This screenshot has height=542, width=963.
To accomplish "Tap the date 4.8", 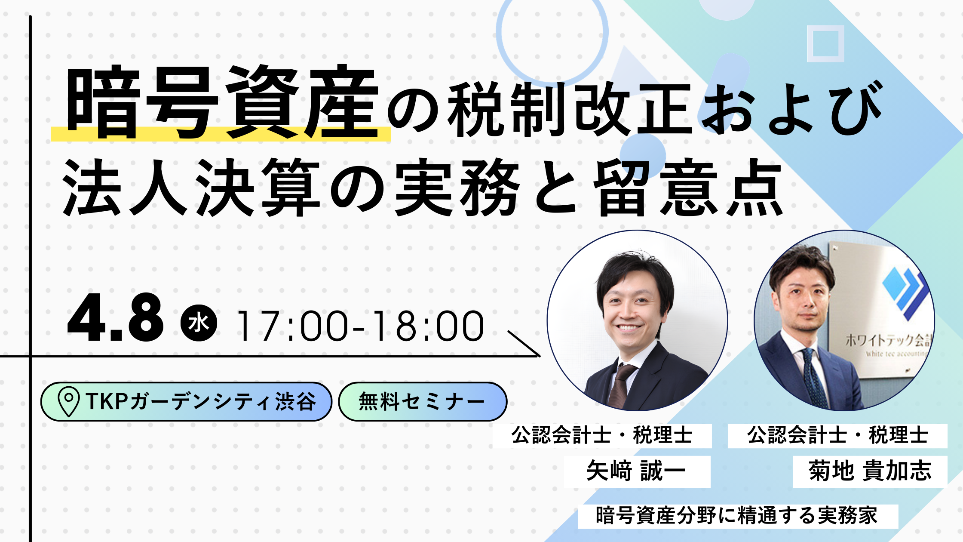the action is point(115,318).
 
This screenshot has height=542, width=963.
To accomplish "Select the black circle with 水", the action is point(199,323).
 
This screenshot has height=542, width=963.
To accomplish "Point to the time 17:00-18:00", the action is point(360,326).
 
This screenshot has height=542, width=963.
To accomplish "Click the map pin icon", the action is point(68,401).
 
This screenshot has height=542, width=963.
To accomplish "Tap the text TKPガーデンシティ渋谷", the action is point(201,401).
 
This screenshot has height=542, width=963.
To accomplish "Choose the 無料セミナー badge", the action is point(423,401).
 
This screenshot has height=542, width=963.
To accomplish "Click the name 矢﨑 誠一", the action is point(636,471).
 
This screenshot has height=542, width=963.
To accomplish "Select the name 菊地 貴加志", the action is point(870,471).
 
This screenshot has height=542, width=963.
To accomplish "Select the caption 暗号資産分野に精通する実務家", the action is point(737,516).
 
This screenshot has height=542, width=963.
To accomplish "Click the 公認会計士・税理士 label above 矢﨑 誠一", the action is point(602,435).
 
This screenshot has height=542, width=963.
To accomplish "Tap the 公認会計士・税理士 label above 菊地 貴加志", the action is point(837,435).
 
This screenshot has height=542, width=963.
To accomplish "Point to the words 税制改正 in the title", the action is point(570,109).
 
